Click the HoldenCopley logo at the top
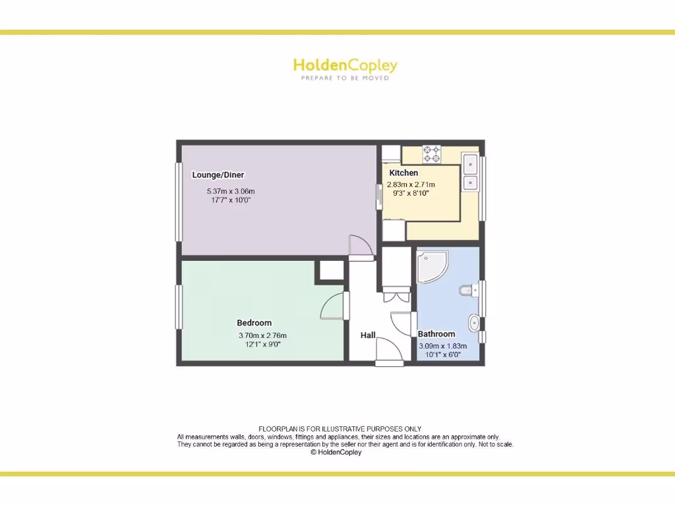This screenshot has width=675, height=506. pyautogui.click(x=345, y=65)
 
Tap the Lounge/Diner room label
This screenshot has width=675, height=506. pyautogui.click(x=218, y=175)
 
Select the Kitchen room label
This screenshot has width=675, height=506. pyautogui.click(x=403, y=173)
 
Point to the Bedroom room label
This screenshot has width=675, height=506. pyautogui.click(x=254, y=323)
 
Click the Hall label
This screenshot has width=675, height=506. pyautogui.click(x=368, y=335)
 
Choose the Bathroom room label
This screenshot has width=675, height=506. pyautogui.click(x=436, y=334)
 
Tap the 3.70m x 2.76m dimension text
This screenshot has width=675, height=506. pyautogui.click(x=262, y=335)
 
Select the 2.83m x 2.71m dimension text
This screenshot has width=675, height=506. pyautogui.click(x=411, y=184)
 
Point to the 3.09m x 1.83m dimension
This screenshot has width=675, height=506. pyautogui.click(x=443, y=346)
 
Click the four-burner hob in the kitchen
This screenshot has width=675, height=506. pyautogui.click(x=432, y=154)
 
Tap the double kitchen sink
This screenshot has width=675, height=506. pyautogui.click(x=471, y=172)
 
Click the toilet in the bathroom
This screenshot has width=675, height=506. pyautogui.click(x=468, y=290)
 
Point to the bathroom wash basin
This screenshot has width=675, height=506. pyautogui.click(x=474, y=322)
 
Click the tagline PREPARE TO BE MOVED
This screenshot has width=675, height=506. pyautogui.click(x=345, y=78)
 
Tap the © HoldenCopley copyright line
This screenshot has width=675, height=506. pyautogui.click(x=336, y=452)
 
